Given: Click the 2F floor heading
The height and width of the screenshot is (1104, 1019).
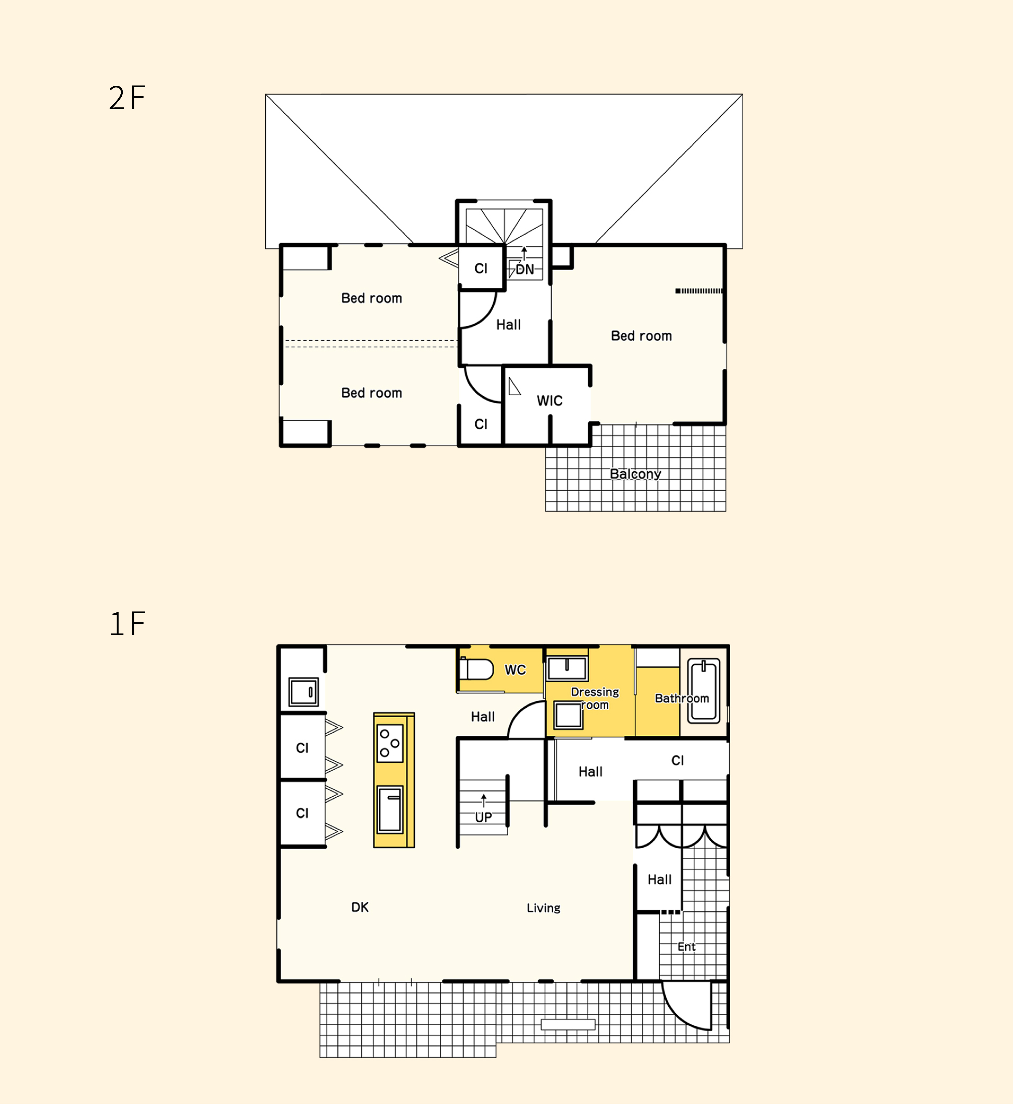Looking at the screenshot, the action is pyautogui.click(x=127, y=98).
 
